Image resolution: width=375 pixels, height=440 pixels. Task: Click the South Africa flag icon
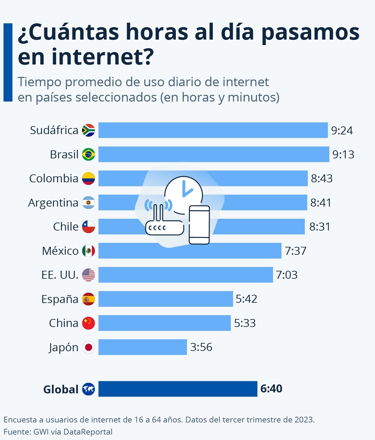pyautogui.click(x=88, y=130)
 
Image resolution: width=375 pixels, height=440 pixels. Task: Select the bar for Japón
pyautogui.click(x=142, y=347)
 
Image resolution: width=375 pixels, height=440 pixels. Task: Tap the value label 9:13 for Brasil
pyautogui.click(x=343, y=155)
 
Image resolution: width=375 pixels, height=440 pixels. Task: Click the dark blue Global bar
pyautogui.click(x=177, y=389)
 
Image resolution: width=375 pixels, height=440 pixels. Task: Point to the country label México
pyautogui.click(x=60, y=251)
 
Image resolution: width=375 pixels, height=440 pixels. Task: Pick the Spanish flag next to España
pyautogui.click(x=88, y=299)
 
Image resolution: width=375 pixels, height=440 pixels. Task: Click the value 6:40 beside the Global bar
pyautogui.click(x=271, y=389)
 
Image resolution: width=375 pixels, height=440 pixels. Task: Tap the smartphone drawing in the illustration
pyautogui.click(x=199, y=225)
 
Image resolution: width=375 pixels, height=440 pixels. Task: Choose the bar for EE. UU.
pyautogui.click(x=185, y=275)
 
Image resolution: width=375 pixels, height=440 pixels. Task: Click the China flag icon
pyautogui.click(x=88, y=323)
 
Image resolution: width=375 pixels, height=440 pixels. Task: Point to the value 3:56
pyautogui.click(x=201, y=347)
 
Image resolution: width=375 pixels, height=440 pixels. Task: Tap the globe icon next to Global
pyautogui.click(x=88, y=389)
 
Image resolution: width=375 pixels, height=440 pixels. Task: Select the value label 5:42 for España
pyautogui.click(x=246, y=299)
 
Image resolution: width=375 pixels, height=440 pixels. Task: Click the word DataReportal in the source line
pyautogui.click(x=88, y=432)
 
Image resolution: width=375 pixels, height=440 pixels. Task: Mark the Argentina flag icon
pyautogui.click(x=88, y=203)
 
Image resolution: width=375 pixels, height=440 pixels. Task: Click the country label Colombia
pyautogui.click(x=54, y=178)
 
